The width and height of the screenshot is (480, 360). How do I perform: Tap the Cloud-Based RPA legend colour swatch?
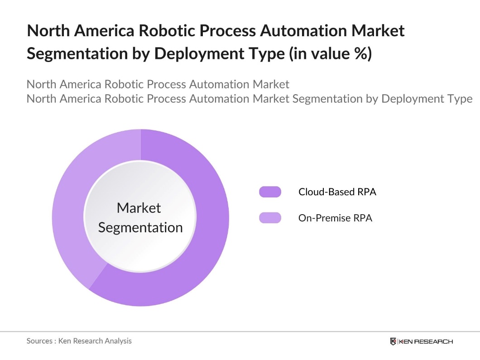click(270, 192)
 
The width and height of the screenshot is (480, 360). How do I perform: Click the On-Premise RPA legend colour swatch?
click(270, 218)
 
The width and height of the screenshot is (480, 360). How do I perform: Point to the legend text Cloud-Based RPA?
click(337, 192)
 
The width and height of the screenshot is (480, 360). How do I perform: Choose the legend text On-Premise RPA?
click(335, 218)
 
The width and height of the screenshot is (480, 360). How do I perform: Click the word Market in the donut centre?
click(139, 208)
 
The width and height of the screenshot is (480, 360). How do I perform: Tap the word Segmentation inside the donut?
click(140, 227)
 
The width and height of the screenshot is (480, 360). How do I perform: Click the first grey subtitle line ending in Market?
click(158, 84)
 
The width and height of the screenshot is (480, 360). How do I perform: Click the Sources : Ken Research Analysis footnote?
click(79, 341)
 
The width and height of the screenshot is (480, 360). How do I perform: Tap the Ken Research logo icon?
click(393, 341)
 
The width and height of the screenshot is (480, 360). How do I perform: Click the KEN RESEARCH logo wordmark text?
click(425, 341)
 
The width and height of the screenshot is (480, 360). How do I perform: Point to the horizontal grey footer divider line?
click(240, 331)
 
